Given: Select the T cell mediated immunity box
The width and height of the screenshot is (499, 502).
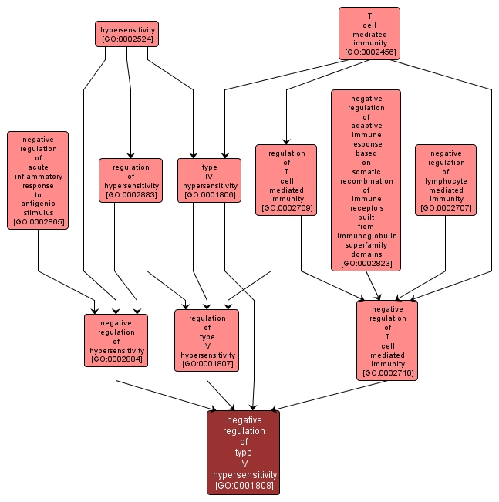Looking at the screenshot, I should [x=369, y=33].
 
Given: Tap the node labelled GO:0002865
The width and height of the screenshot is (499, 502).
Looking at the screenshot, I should [x=38, y=180].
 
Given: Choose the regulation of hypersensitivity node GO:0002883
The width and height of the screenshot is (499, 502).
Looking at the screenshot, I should [x=130, y=180].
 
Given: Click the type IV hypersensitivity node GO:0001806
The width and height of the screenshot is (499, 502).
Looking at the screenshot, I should [x=209, y=180].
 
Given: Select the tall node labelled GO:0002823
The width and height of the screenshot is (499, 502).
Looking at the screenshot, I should [x=366, y=180].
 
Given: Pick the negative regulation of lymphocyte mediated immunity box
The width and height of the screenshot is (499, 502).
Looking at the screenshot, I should [x=446, y=180].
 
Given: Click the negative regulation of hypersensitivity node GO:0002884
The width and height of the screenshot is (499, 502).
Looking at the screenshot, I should [x=116, y=341].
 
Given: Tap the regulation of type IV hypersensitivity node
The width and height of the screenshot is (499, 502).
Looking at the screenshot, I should [x=207, y=340].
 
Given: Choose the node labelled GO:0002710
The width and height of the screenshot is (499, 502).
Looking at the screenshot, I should [x=387, y=340].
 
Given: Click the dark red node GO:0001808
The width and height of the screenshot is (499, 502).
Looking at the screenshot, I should [x=244, y=452].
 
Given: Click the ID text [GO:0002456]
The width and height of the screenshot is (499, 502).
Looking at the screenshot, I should [x=369, y=52].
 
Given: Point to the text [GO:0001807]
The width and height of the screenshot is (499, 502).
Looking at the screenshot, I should [x=207, y=364].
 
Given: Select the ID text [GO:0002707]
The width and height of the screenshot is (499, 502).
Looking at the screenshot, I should [x=446, y=208].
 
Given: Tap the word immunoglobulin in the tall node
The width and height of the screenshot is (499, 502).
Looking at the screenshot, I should [x=366, y=236].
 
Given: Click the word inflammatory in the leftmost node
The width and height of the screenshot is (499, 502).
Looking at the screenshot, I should [x=38, y=177].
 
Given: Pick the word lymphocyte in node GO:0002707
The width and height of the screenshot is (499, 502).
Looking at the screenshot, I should [x=446, y=180].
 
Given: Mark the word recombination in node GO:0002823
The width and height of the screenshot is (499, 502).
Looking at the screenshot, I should [x=366, y=181].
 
